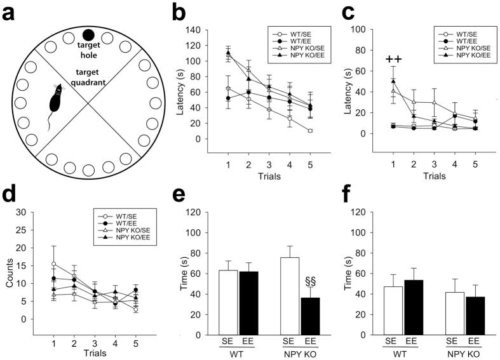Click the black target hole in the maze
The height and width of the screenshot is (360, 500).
(x=89, y=34)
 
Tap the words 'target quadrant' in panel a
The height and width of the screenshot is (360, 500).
(x=89, y=70)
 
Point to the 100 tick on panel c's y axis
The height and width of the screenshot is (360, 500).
(x=367, y=29)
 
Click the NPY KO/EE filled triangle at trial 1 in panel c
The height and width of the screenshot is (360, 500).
(x=394, y=81)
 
